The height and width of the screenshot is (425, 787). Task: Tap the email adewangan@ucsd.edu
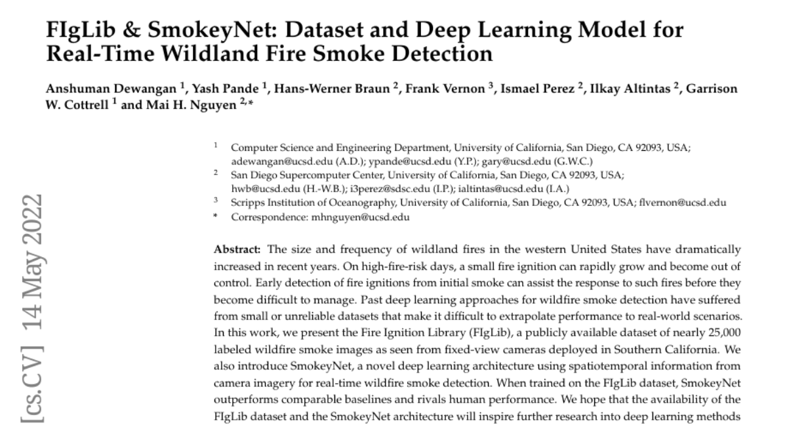coord(269,161)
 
